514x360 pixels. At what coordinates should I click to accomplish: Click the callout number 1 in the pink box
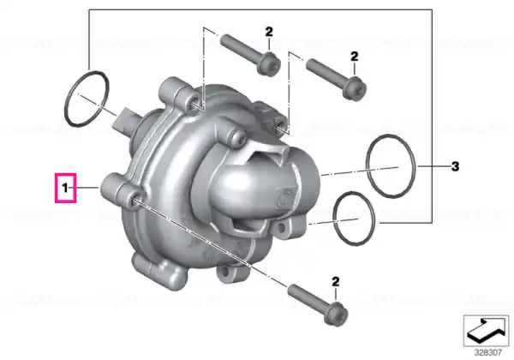65,189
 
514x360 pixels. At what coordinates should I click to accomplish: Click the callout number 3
455,166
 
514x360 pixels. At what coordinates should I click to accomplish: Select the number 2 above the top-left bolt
269,32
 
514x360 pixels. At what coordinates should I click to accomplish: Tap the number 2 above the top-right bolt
355,57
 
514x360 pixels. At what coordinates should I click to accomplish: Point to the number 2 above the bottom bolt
335,282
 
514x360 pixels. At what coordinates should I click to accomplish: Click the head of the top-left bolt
269,63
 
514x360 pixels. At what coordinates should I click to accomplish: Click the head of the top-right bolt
355,88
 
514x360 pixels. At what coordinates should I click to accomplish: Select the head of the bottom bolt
336,313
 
